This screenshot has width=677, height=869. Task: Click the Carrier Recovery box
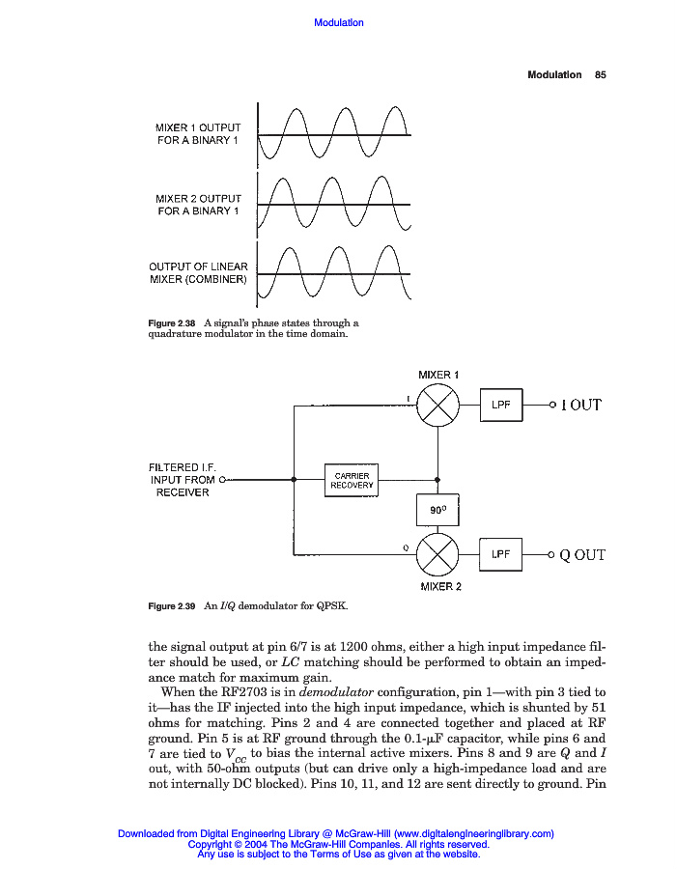click(352, 480)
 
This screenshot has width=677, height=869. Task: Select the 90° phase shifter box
click(437, 509)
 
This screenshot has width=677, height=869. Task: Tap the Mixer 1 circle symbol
click(437, 406)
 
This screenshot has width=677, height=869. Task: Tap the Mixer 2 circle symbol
click(437, 554)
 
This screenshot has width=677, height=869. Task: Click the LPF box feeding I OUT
click(500, 406)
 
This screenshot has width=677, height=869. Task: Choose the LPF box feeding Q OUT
click(500, 554)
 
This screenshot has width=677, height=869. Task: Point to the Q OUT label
click(582, 555)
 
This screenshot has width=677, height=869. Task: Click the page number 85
click(600, 74)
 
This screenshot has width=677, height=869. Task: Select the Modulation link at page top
click(339, 22)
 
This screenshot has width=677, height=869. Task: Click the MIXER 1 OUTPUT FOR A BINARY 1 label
click(198, 134)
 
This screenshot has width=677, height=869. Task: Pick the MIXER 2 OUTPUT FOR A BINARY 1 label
click(198, 205)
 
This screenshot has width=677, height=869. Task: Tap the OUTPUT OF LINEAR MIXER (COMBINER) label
click(198, 273)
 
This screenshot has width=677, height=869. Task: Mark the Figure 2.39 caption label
click(171, 605)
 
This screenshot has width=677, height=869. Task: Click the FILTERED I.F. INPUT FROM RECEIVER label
click(183, 480)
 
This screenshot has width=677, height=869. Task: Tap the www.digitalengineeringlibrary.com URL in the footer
click(473, 833)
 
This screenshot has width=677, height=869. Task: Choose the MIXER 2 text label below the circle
click(439, 586)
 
